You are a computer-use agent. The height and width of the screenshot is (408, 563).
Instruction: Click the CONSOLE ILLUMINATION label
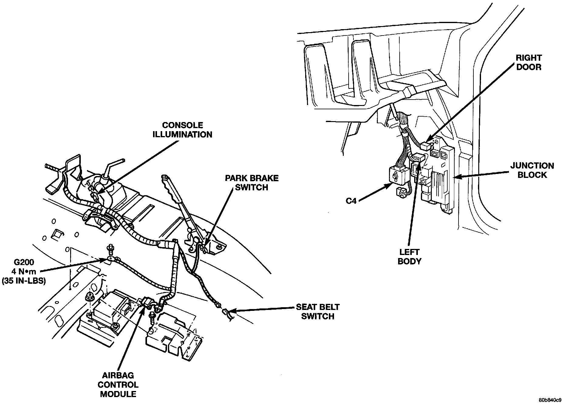[182, 130]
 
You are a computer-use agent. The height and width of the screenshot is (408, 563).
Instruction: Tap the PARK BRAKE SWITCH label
[252, 182]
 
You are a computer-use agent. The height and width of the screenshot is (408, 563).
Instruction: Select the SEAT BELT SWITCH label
[318, 311]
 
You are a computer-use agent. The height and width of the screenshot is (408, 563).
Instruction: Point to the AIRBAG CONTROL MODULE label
[118, 385]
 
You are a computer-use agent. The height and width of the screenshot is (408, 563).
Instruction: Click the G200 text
[24, 262]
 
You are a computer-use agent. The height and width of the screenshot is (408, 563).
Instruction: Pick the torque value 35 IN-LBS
[24, 281]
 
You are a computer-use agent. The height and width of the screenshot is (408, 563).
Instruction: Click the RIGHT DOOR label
[529, 63]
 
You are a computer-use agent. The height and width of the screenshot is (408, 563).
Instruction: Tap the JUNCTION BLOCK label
[532, 170]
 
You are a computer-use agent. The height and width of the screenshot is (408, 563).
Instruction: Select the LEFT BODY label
[409, 256]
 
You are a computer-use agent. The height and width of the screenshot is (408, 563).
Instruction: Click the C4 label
[351, 201]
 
